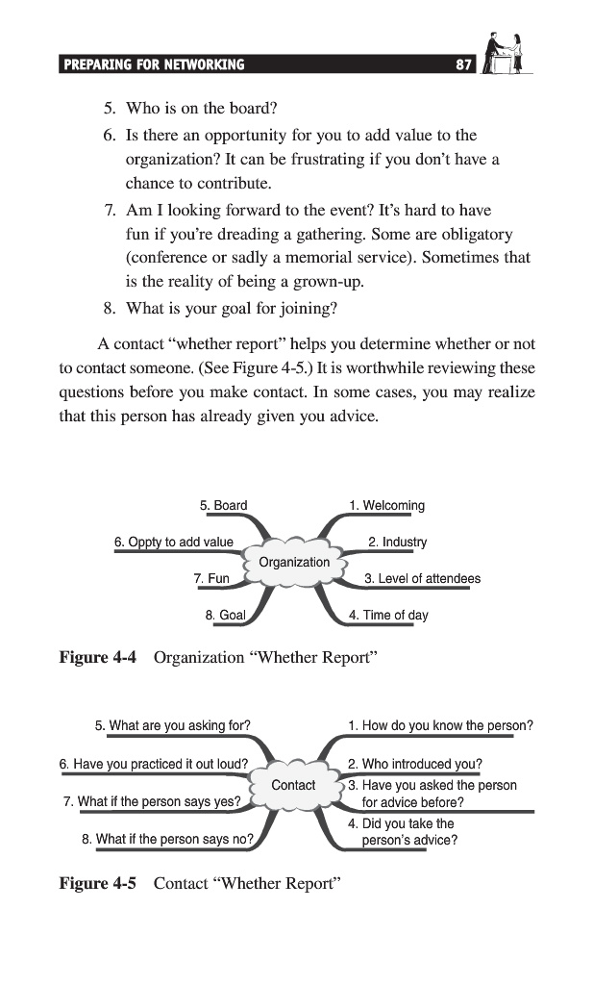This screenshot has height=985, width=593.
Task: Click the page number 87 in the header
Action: coord(464,65)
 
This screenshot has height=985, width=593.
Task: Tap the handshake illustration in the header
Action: coord(506,54)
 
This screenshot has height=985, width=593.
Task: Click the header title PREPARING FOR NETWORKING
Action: coord(154,65)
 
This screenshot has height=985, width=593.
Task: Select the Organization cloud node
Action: coord(294,562)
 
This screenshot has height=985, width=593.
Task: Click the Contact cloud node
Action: coord(293,785)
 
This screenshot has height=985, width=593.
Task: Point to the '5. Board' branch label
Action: coord(223,505)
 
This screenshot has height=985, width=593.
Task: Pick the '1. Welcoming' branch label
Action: coord(386,505)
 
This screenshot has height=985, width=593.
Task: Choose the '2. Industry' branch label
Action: coord(397,542)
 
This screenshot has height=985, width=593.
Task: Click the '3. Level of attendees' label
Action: coord(422,578)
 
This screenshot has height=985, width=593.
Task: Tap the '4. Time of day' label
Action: coord(388,615)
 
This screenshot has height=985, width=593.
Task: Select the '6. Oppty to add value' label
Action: coord(174,542)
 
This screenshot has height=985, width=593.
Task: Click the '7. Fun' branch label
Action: coord(211,578)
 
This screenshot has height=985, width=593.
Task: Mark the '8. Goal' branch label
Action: coord(226,615)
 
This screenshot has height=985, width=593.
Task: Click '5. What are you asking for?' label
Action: coord(172,725)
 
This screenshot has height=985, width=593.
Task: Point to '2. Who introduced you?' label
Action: coord(414,765)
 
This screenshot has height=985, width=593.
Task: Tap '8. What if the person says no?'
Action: coord(167,839)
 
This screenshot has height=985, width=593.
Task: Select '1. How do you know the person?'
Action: coord(440,725)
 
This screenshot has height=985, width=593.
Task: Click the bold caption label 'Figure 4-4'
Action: coord(98,657)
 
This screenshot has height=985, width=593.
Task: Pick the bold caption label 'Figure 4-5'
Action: coord(98,882)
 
